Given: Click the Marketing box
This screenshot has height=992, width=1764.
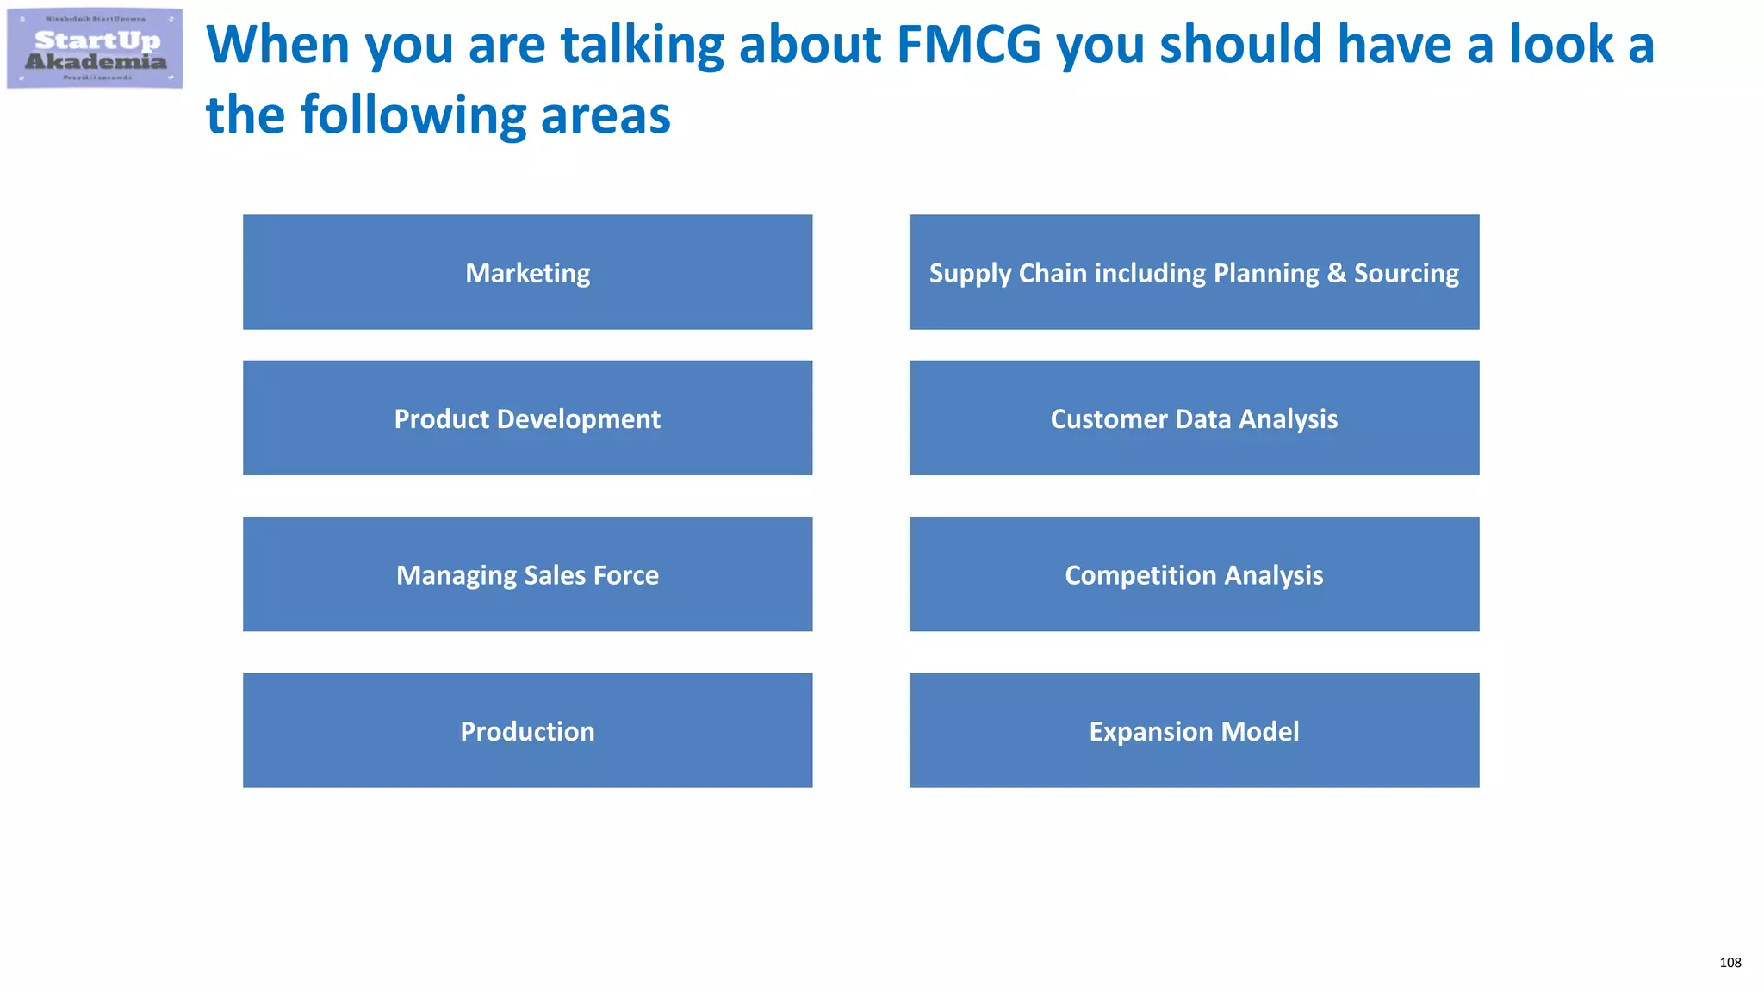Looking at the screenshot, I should [527, 272].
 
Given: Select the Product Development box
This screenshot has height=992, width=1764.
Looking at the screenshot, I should [527, 418].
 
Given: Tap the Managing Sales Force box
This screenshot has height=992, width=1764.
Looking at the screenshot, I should [527, 574].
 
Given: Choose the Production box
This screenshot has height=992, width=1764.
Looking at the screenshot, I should [527, 730].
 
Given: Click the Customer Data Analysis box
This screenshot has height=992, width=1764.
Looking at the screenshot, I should [1194, 418].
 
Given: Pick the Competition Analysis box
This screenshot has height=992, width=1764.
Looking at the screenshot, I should [1194, 574].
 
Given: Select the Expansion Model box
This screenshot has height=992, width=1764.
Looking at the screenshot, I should [1194, 730].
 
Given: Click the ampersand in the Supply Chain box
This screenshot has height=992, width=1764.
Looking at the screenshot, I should [1336, 272].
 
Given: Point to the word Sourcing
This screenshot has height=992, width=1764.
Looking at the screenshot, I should [1407, 273].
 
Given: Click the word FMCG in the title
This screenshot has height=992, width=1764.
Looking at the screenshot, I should [969, 45].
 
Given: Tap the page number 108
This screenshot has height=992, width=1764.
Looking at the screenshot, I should [1730, 963].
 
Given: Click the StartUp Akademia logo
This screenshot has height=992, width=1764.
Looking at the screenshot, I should [95, 49].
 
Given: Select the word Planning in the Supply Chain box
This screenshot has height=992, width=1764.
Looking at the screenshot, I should [1265, 273].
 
